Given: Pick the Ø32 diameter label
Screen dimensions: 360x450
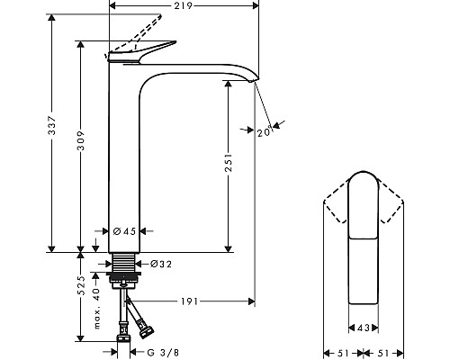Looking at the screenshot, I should [160, 264].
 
